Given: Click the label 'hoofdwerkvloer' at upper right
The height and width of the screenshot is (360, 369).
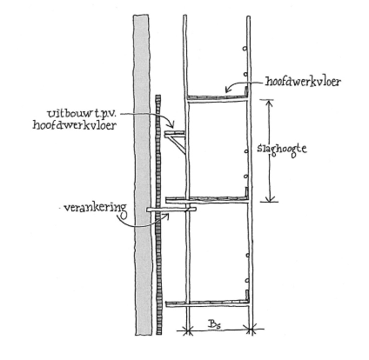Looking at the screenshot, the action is (x=303, y=82).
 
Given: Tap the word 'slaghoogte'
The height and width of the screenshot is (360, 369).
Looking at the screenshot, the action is (x=282, y=149).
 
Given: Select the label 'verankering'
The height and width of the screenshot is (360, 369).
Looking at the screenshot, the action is (x=95, y=208).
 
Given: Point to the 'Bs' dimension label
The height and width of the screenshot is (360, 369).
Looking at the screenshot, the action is (x=214, y=324).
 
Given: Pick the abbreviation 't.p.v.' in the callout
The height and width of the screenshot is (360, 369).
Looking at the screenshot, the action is (x=102, y=114).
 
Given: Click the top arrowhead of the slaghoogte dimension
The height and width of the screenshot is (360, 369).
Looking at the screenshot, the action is (x=270, y=103).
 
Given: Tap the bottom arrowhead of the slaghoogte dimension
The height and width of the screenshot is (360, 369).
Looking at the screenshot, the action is (x=271, y=198).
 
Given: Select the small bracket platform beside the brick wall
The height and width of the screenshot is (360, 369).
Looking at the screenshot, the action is (x=175, y=133).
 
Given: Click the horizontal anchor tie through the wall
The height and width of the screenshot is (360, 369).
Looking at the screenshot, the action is (x=171, y=210).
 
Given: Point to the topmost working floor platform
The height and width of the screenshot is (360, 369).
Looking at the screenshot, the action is (x=218, y=97).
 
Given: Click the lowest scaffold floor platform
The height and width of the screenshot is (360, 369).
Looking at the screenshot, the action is (x=207, y=303).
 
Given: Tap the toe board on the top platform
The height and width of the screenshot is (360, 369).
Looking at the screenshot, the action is (x=247, y=90).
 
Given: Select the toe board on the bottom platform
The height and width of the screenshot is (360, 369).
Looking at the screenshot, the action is (x=247, y=295).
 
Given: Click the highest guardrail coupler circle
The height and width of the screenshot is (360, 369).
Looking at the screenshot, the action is (x=245, y=49).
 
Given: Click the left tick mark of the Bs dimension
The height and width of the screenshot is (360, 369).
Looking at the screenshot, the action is (x=188, y=330).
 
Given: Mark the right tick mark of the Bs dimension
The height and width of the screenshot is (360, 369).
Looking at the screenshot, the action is (x=252, y=330).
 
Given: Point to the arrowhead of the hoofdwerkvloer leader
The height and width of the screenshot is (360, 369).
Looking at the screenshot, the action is (x=228, y=90).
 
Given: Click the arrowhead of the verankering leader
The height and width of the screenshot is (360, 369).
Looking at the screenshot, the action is (x=166, y=216).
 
